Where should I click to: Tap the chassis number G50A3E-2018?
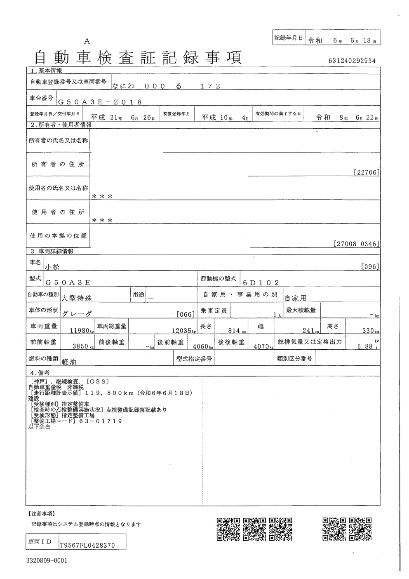click(100, 102)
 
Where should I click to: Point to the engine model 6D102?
click(261, 282)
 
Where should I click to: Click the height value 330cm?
click(367, 331)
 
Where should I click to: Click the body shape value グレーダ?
click(77, 313)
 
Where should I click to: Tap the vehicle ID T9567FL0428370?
click(87, 545)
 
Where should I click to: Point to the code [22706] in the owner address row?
click(367, 172)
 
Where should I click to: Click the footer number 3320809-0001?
click(46, 561)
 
